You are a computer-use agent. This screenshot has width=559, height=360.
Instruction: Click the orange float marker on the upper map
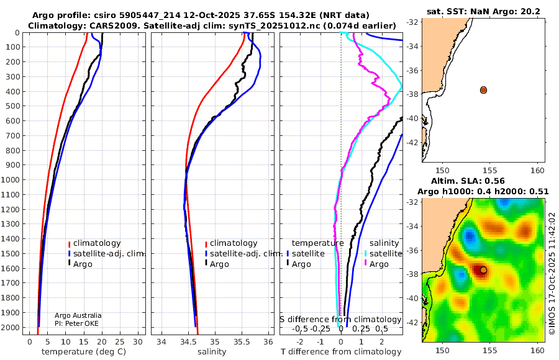point(483,90)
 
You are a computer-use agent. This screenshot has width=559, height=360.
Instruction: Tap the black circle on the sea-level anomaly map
point(483,270)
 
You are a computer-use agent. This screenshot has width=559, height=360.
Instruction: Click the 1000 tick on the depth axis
point(11,179)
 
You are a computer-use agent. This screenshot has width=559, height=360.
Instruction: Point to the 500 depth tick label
point(13,106)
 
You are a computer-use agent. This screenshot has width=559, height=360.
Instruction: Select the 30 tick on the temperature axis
point(138,341)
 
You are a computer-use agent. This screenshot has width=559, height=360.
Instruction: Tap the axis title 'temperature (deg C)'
point(84,351)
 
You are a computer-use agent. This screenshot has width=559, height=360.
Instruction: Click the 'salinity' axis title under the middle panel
point(212,351)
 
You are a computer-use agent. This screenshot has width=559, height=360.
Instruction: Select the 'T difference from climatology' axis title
point(341,351)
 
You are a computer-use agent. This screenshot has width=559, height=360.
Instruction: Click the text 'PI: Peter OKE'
point(76,323)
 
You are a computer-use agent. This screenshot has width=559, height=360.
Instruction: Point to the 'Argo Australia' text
point(78,315)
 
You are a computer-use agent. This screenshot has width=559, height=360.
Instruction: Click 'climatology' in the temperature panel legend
point(97,243)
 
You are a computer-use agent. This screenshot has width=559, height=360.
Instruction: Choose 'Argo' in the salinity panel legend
point(219,264)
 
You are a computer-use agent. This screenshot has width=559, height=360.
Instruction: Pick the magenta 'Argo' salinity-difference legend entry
point(379,264)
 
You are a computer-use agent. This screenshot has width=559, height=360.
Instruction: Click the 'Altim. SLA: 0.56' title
point(468,181)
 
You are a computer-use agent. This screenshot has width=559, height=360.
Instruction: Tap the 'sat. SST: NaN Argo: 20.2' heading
point(483,11)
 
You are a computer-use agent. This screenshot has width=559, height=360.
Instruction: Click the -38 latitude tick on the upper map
point(412,94)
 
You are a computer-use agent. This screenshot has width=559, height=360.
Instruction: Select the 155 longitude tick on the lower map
point(490,350)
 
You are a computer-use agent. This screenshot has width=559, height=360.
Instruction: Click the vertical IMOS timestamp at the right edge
point(552,273)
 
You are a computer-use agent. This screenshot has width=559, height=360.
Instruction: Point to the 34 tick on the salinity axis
point(161,341)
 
